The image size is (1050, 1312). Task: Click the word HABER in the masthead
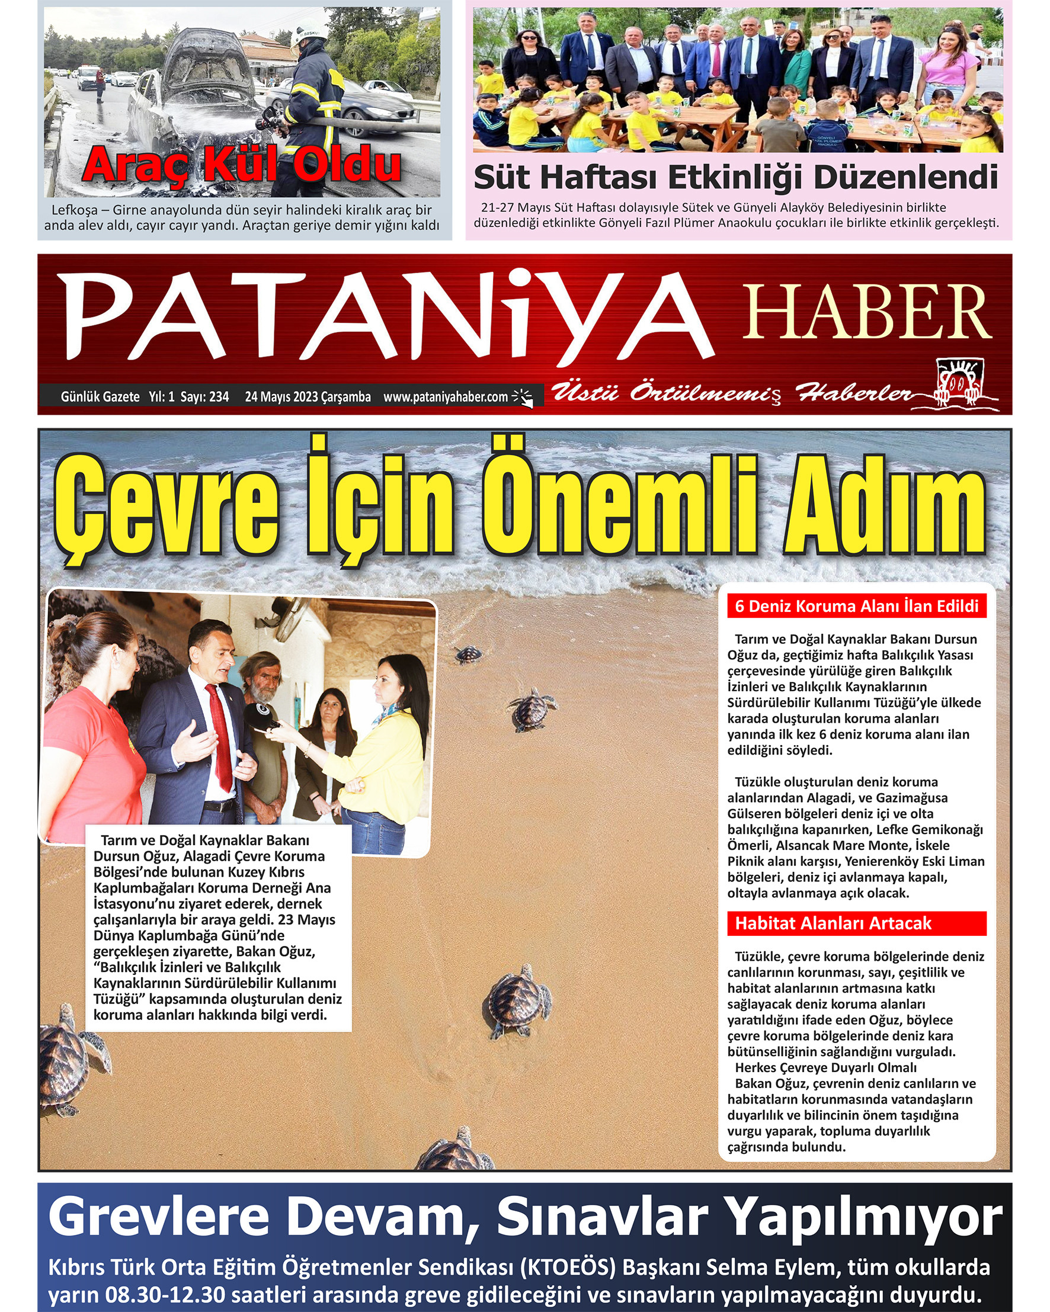coord(867,313)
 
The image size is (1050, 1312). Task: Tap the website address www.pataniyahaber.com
coord(445,397)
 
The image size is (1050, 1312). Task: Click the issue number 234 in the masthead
coord(219,397)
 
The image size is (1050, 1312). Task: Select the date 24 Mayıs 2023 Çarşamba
coord(308,397)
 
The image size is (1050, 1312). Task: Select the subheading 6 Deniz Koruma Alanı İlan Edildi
coord(856,606)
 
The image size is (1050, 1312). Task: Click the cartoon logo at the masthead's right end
coord(960,384)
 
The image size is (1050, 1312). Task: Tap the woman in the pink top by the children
coord(948,67)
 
